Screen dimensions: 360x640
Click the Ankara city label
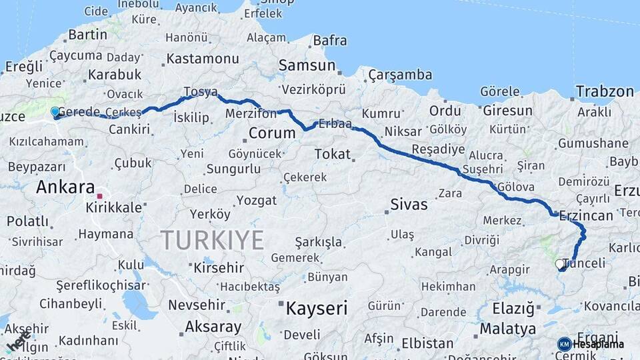point(65,187)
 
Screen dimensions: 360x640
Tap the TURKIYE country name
point(212,239)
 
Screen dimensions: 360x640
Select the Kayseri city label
point(317,309)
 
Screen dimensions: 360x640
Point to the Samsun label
point(307,65)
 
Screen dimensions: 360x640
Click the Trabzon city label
point(605,91)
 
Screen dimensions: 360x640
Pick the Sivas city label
point(409,204)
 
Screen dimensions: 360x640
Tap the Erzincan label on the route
point(586,215)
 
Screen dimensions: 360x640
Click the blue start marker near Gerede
point(55,112)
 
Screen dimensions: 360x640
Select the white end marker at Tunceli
point(560,264)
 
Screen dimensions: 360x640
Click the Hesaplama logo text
point(598,345)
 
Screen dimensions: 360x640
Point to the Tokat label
point(332,154)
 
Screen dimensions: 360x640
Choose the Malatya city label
point(507,329)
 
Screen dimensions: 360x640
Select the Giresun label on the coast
point(507,111)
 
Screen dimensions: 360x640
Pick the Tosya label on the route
point(200,91)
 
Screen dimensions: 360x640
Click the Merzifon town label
point(251,114)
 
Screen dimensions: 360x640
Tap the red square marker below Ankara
point(99,196)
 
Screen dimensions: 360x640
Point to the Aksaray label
point(213,327)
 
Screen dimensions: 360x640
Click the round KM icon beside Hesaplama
point(564,345)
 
